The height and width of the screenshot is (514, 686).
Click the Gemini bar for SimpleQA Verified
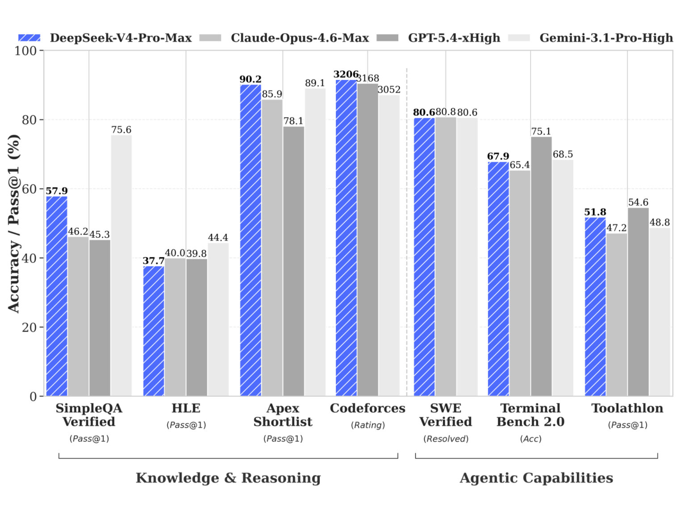(121, 265)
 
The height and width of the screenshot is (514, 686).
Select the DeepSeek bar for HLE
(154, 331)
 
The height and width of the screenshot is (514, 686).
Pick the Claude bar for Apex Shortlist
(272, 248)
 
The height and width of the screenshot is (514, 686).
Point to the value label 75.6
(121, 130)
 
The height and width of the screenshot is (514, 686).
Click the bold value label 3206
(346, 74)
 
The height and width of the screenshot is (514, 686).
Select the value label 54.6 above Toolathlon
(638, 203)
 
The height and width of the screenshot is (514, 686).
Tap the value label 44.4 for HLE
(218, 237)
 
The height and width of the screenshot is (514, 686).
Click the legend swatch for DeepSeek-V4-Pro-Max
(29, 38)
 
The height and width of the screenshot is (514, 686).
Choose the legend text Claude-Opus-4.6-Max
(300, 38)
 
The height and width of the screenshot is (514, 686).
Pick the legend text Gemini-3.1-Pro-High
(606, 38)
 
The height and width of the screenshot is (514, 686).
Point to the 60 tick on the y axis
(29, 189)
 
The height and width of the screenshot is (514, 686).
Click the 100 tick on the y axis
(26, 51)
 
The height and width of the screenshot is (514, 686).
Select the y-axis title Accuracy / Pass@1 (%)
(14, 223)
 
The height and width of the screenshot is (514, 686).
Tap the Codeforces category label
(368, 408)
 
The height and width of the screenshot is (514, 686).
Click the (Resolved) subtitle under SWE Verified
(446, 439)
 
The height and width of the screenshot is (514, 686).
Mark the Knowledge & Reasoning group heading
(228, 478)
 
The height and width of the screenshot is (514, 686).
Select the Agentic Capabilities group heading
(536, 478)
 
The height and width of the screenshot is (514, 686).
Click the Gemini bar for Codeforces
(389, 245)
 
